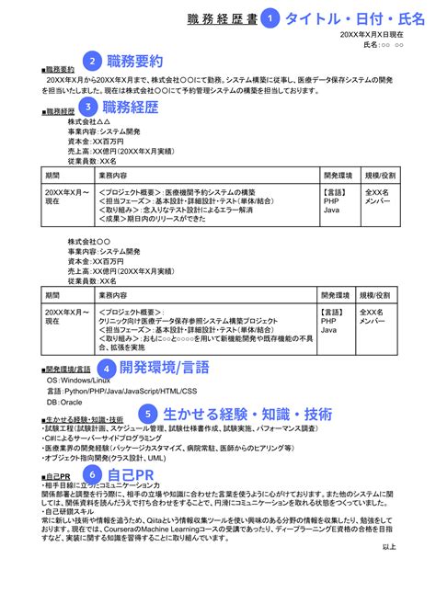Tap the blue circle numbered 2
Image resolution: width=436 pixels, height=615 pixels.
coord(91,62)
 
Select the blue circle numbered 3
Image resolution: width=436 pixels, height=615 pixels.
coord(89,107)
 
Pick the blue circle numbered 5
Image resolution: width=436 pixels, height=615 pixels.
coord(150,414)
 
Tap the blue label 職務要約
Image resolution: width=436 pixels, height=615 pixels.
coord(135,62)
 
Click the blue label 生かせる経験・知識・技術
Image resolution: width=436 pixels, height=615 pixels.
coord(247,414)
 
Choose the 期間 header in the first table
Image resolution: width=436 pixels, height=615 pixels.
coord(52,174)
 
